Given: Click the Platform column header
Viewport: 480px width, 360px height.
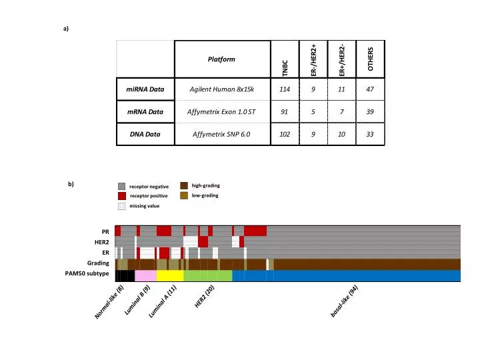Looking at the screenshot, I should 221,59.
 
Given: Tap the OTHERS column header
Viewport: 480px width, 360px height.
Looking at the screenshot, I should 371,60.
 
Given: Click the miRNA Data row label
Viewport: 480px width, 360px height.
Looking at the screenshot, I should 145,89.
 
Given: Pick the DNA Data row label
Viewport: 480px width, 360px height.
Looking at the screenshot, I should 145,134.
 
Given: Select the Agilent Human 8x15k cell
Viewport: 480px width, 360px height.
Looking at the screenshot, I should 222,89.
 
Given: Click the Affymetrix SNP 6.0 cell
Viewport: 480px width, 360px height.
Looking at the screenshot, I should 222,134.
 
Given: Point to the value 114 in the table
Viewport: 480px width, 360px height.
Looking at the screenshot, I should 285,89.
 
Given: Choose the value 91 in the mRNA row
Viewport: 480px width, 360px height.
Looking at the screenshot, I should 285,111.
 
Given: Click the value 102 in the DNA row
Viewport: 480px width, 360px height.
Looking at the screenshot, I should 285,134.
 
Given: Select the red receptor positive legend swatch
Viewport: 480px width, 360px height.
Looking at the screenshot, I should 121,196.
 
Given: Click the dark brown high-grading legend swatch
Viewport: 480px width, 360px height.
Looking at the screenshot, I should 183,185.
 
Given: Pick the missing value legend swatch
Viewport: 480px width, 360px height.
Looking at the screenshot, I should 121,206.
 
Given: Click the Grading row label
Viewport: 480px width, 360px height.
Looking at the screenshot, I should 99,263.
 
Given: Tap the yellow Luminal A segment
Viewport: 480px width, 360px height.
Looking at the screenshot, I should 169,275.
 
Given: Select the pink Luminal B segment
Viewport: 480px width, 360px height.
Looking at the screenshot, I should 145,275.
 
